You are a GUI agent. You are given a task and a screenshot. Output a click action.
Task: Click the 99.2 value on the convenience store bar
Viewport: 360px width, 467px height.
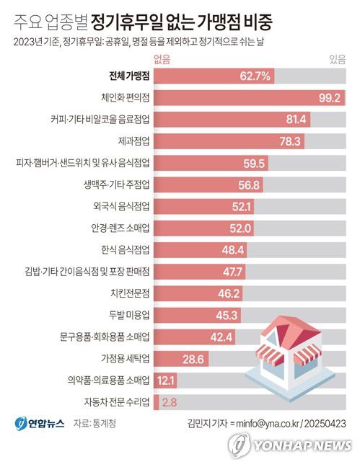(331, 97)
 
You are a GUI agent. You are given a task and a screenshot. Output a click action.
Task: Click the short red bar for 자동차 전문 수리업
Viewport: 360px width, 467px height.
(158, 403)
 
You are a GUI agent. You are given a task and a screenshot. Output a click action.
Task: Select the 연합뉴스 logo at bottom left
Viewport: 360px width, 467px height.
(36, 425)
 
